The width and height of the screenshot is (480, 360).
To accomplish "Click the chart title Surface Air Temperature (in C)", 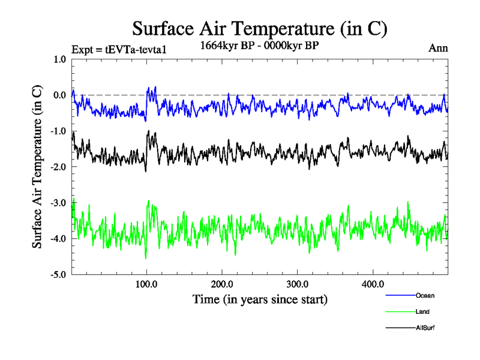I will pyautogui.click(x=260, y=29).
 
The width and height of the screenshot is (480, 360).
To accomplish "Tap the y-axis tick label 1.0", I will pyautogui.click(x=60, y=59).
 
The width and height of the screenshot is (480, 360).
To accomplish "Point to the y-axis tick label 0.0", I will pyautogui.click(x=60, y=95).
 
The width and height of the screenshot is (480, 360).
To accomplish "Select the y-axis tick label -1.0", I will pyautogui.click(x=59, y=131).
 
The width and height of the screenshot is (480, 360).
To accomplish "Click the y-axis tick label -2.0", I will pyautogui.click(x=59, y=167).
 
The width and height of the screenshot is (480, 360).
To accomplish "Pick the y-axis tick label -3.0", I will pyautogui.click(x=59, y=203).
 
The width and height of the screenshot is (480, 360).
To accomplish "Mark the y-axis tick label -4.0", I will pyautogui.click(x=59, y=239).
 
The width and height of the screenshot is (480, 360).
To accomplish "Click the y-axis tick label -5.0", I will pyautogui.click(x=59, y=275).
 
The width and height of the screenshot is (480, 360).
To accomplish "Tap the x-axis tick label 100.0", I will pyautogui.click(x=147, y=284).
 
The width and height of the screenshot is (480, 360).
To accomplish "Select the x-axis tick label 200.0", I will pyautogui.click(x=222, y=284).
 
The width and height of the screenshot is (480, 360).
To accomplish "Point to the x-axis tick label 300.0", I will pyautogui.click(x=298, y=284).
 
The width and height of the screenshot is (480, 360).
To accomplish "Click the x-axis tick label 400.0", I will pyautogui.click(x=373, y=284).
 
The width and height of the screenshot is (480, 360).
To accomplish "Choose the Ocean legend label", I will pyautogui.click(x=425, y=296).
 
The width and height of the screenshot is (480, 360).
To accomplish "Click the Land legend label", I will pyautogui.click(x=422, y=312).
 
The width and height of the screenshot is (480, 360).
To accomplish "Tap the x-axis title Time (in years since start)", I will pyautogui.click(x=260, y=299).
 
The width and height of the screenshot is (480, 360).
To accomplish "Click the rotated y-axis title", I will pyautogui.click(x=37, y=167).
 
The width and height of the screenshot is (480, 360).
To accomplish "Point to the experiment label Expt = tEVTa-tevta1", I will pyautogui.click(x=118, y=49).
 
